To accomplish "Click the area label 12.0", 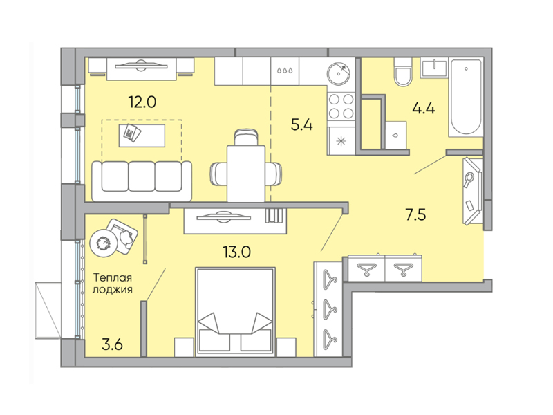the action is pos(142,102).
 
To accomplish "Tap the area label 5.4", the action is pos(302,124).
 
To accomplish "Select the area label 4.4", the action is pos(424,107).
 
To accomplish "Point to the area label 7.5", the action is pos(416,214).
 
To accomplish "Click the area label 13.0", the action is pos(236,252).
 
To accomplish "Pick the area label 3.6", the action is pos(112,344).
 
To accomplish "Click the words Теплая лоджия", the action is pos(113,284).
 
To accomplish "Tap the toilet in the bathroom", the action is pos(403,72).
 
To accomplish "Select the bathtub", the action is pos(466,98).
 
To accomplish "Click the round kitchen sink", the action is pos(340,74).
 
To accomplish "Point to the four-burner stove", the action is pos(341,107).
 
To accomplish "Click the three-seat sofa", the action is pos(142,181).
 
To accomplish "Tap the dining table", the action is pos(246,174).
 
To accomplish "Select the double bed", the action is pos(236,312).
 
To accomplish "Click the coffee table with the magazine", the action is pos(142,135).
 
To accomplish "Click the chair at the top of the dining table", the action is pos(246,137).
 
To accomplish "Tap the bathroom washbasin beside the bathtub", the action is pos(434,68).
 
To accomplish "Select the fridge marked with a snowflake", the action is pos(341,141).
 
